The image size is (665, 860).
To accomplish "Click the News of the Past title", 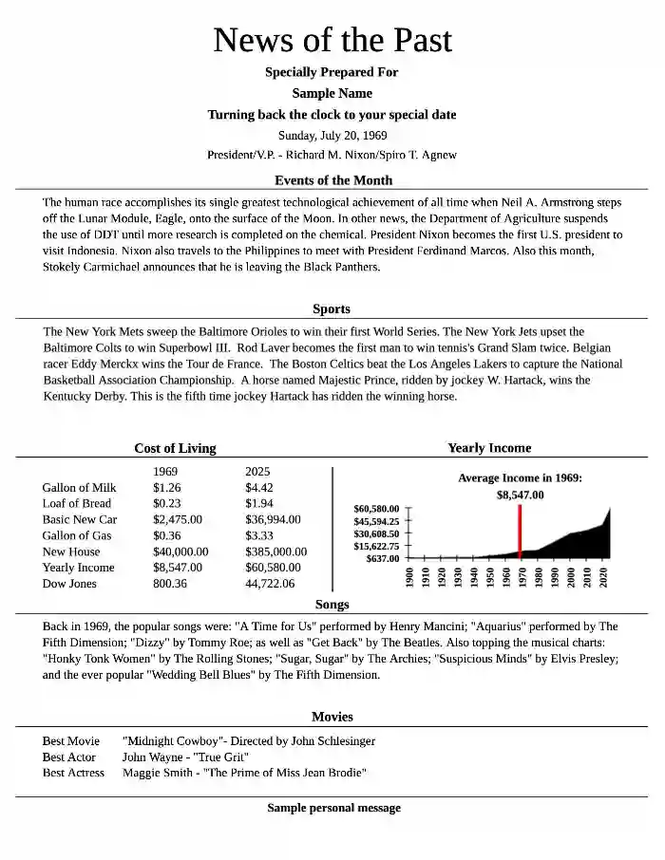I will [332, 40].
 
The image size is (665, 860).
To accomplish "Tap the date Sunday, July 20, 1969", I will [332, 135].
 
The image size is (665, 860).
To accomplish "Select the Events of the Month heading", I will [332, 180].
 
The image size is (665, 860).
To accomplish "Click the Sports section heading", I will [332, 308].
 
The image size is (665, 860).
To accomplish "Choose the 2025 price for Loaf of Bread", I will [259, 503].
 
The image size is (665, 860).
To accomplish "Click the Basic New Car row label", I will [80, 519].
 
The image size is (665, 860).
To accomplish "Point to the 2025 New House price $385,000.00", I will [276, 552].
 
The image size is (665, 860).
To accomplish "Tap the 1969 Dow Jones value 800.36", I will [170, 584].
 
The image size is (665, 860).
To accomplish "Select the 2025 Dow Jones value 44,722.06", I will [270, 584].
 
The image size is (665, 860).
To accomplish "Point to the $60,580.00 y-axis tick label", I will [376, 509].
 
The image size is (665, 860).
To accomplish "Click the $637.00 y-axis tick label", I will [383, 558].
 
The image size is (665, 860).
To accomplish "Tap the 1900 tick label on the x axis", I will [409, 577].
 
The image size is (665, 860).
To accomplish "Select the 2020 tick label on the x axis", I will [604, 577].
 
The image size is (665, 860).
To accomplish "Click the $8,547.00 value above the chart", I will [520, 495].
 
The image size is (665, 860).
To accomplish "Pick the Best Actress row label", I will [73, 773].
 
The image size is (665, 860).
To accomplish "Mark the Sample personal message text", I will [333, 808].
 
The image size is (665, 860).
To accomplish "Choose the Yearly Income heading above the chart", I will [489, 448].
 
